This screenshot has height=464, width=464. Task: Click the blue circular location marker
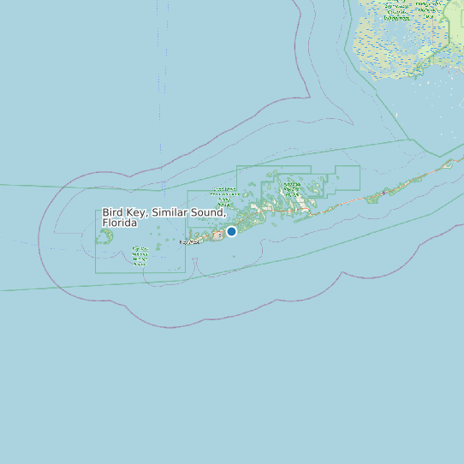[231, 231]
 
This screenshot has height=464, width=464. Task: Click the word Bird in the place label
[113, 212]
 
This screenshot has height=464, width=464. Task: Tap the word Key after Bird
[136, 212]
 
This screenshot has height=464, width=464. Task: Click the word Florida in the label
[120, 223]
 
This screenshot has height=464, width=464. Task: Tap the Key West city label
[188, 242]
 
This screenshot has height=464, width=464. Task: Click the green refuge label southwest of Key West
[140, 254]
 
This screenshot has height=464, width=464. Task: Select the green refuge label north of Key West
[224, 194]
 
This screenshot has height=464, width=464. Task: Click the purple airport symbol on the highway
[384, 193]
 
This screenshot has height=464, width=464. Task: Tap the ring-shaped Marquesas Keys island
[106, 235]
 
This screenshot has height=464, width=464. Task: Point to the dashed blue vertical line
[159, 68]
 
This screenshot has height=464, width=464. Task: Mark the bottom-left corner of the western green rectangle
[96, 272]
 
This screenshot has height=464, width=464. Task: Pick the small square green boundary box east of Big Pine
[347, 177]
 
